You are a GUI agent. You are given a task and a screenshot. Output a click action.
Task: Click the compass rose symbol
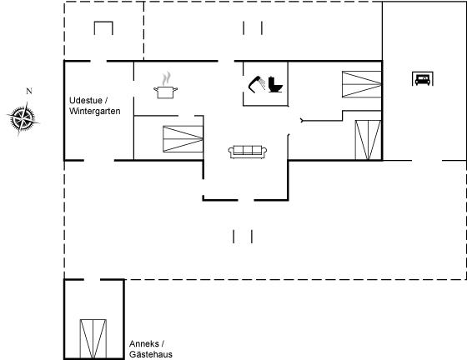point(23,118)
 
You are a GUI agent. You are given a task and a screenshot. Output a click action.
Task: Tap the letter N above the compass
point(29,91)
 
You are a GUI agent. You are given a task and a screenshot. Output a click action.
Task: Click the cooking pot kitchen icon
point(166,92)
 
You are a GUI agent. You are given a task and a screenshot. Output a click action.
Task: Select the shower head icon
point(257,84)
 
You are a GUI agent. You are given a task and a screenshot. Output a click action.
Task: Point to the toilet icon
point(275,85)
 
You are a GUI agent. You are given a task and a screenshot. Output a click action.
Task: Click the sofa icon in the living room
point(248,152)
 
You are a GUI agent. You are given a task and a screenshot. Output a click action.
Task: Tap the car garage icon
point(423,79)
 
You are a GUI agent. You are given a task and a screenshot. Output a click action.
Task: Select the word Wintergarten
point(95,112)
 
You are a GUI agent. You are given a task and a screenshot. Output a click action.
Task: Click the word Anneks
point(143,344)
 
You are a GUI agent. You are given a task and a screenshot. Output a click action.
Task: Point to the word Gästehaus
point(151,354)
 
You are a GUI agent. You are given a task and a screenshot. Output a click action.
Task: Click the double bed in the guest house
point(93,339)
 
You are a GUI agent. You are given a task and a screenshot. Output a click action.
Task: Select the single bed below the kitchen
point(183,139)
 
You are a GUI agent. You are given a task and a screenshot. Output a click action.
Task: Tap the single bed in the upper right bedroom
point(362,84)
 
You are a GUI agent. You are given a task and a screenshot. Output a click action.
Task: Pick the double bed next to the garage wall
point(368,140)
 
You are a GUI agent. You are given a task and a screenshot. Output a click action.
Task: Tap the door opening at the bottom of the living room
point(246,200)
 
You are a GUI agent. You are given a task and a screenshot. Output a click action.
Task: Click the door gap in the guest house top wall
point(92,280)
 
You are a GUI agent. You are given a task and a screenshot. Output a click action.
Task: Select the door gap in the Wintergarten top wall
point(98,62)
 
